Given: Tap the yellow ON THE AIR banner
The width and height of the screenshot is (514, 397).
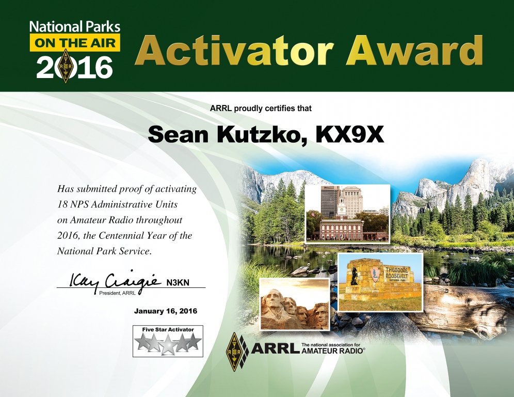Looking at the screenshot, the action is pos(75,43).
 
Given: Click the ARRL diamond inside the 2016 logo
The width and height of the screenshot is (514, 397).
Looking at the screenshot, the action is pos(65,66).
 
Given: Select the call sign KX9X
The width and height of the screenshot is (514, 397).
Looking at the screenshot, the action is pos(349,134).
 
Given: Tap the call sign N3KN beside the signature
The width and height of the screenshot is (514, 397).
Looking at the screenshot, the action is pos(178,282).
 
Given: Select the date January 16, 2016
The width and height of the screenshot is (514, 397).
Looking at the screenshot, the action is pos(166,311).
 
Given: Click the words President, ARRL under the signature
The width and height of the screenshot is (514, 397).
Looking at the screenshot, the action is pos(117,293).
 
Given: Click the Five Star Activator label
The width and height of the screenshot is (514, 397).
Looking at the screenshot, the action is pos(168,329).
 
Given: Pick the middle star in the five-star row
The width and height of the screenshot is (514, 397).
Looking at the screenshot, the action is pos(168,343).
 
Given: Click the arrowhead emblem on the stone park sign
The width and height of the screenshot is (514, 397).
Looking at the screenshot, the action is pos(376,273).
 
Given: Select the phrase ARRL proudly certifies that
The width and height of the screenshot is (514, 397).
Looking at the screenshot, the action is pos(261,108).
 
